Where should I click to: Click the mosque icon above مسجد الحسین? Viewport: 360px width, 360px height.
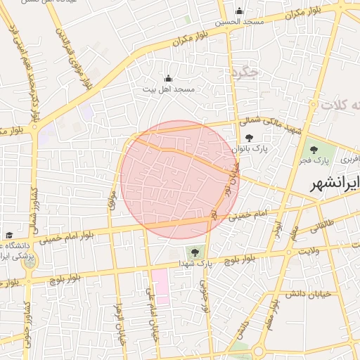[x=239, y=11]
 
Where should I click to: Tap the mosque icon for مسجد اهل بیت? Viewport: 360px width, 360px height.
[x=167, y=78]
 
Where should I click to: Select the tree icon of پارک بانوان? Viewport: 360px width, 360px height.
[x=250, y=139]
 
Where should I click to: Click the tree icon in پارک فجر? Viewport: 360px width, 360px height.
[x=310, y=150]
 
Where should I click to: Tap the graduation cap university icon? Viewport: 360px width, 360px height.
[x=9, y=235]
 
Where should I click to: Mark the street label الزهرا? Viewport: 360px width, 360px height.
[x=120, y=324]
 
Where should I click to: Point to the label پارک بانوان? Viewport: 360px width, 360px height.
[x=250, y=149]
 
